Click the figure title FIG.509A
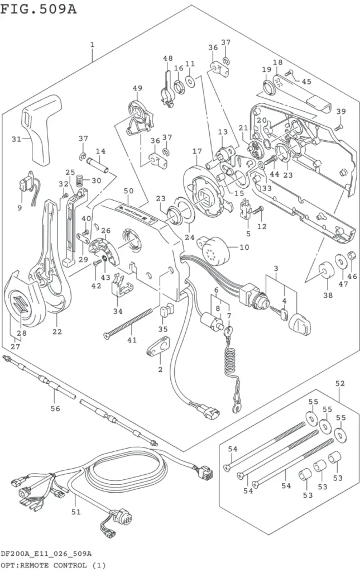(39, 8)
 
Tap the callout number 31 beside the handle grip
(16, 139)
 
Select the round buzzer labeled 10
(216, 251)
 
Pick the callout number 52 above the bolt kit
(339, 383)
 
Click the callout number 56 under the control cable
(55, 408)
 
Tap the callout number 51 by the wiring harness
(75, 512)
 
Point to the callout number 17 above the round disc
(197, 151)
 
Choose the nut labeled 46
(351, 255)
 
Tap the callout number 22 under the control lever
(57, 332)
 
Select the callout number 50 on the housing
(128, 191)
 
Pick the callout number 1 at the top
(93, 45)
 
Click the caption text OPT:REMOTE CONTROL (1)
(53, 565)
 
